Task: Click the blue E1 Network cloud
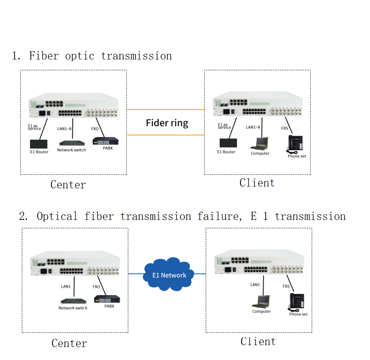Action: (169, 275)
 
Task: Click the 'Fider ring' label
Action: (167, 123)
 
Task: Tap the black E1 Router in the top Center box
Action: (39, 144)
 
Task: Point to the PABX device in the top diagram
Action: (105, 141)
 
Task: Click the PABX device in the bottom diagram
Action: (107, 299)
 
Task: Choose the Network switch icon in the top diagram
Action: (71, 143)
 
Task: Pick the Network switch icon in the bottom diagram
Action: (74, 301)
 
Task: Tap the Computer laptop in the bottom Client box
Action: (262, 302)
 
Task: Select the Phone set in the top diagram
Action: (296, 144)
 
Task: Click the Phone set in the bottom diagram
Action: (297, 302)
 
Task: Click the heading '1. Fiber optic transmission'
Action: (92, 56)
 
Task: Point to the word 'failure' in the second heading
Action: (217, 216)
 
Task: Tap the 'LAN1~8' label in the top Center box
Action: (65, 129)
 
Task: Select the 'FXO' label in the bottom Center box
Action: (96, 287)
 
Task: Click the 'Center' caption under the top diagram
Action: (68, 185)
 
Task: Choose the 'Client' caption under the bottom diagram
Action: (258, 341)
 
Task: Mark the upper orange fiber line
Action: (165, 110)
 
